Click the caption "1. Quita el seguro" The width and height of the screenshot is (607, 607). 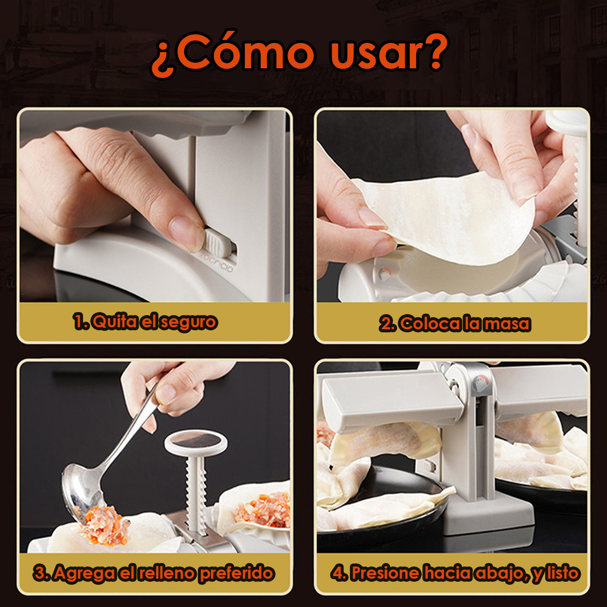[x=145, y=322]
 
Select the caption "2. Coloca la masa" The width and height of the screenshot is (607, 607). [x=455, y=324]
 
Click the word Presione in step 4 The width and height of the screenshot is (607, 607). [x=385, y=573]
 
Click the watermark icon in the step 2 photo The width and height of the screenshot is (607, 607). [x=385, y=275]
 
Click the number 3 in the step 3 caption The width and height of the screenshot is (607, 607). [x=39, y=573]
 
